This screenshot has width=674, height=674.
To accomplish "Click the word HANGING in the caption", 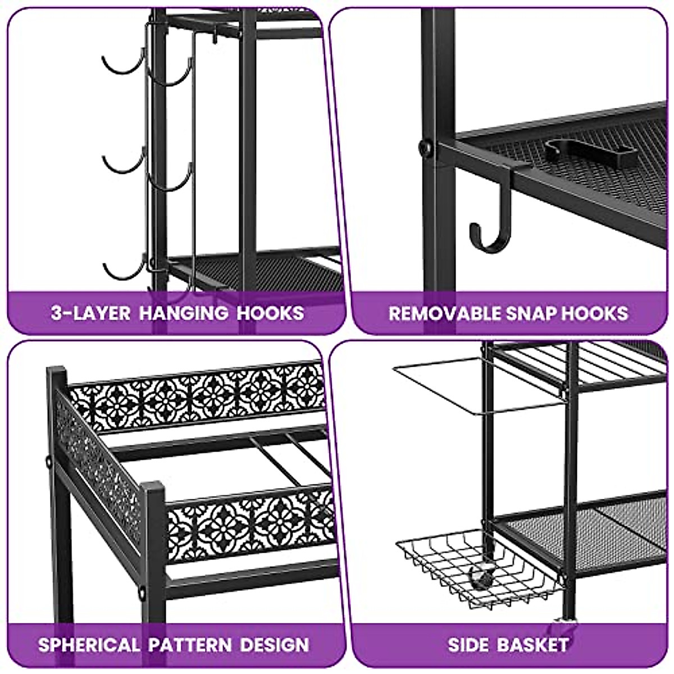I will pyautogui.click(x=184, y=313).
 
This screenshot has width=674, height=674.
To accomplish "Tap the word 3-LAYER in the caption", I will pyautogui.click(x=90, y=313).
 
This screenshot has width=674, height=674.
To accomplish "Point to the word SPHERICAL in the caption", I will pyautogui.click(x=89, y=644).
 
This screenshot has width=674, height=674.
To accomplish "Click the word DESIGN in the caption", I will pyautogui.click(x=275, y=644).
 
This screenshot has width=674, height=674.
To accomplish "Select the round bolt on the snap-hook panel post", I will pyautogui.click(x=426, y=148).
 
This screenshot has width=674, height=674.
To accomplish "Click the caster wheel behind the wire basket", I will pyautogui.click(x=482, y=576).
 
